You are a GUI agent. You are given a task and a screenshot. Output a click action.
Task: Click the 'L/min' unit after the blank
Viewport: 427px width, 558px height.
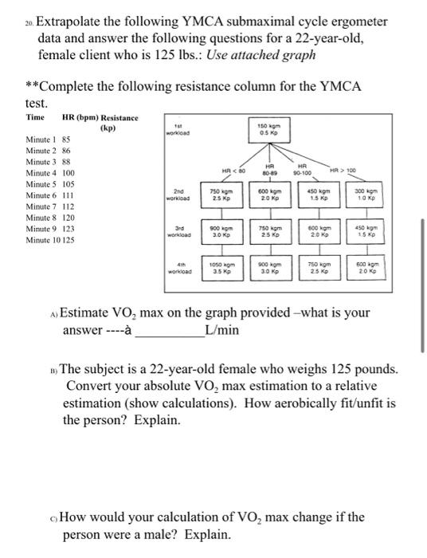coord(221,331)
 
